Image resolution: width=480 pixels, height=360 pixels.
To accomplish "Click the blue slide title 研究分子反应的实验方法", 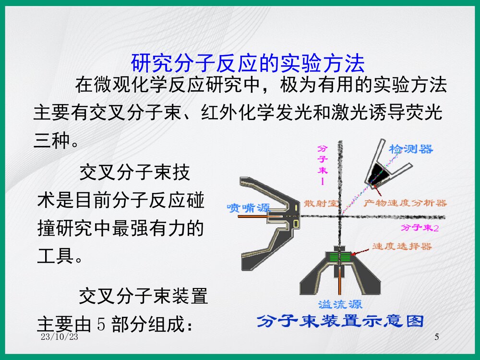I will [x=248, y=63].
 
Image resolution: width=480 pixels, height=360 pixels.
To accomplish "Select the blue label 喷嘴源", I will [x=248, y=208].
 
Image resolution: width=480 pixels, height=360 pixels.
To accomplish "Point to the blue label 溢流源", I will [x=340, y=304].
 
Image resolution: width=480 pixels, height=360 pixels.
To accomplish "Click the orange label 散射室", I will [x=321, y=203].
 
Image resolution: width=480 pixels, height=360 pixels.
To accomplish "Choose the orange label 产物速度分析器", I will [x=405, y=203].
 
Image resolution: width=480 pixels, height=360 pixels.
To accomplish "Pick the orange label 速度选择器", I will [x=402, y=247].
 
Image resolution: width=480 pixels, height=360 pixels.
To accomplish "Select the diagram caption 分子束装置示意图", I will [x=340, y=321].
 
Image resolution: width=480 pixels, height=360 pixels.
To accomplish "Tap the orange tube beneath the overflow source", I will [x=340, y=283].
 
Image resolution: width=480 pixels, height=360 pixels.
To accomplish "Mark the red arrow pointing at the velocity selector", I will [x=362, y=250].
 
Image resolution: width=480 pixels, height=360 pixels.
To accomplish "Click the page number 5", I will [x=436, y=337].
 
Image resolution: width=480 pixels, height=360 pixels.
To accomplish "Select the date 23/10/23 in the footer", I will [x=60, y=337].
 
